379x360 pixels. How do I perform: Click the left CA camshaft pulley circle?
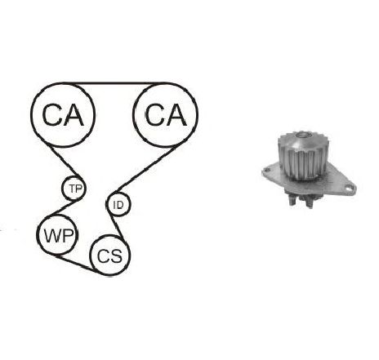click(x=32, y=114)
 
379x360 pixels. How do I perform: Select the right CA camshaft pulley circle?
click(x=133, y=114)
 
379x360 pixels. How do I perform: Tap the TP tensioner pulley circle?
click(x=62, y=188)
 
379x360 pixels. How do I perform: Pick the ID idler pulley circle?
click(x=106, y=204)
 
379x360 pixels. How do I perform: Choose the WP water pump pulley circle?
click(x=38, y=235)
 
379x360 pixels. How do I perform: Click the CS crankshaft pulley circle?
click(x=91, y=256)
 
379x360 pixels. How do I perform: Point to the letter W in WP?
click(x=51, y=236)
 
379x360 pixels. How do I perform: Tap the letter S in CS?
click(x=116, y=256)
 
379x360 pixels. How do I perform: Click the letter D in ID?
click(x=120, y=205)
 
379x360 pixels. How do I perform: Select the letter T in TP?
click(x=72, y=189)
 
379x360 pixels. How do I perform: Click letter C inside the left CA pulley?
click(x=51, y=115)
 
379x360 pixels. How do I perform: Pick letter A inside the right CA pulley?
click(x=176, y=115)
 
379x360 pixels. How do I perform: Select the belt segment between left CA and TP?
click(x=65, y=162)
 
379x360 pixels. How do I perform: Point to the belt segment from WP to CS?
click(x=77, y=264)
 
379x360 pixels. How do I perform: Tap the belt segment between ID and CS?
click(x=117, y=227)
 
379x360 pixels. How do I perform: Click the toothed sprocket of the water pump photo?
click(x=303, y=157)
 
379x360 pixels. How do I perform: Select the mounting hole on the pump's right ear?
click(x=348, y=188)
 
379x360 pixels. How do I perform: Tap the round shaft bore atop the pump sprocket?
click(x=303, y=135)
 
